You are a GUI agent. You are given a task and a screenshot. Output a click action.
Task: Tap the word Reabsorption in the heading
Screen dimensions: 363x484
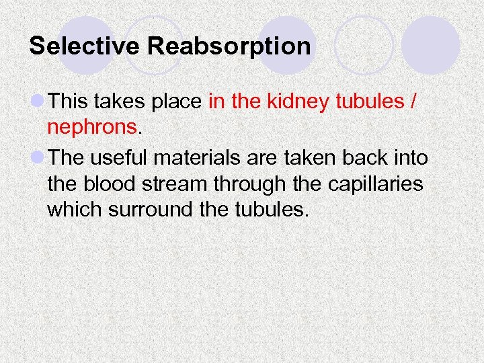click(229, 46)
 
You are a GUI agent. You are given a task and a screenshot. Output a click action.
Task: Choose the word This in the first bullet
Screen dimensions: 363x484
click(69, 102)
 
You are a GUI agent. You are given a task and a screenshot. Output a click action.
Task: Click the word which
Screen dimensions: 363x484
click(72, 209)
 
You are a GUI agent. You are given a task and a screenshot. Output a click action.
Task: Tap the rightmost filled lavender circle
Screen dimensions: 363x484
click(430, 45)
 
